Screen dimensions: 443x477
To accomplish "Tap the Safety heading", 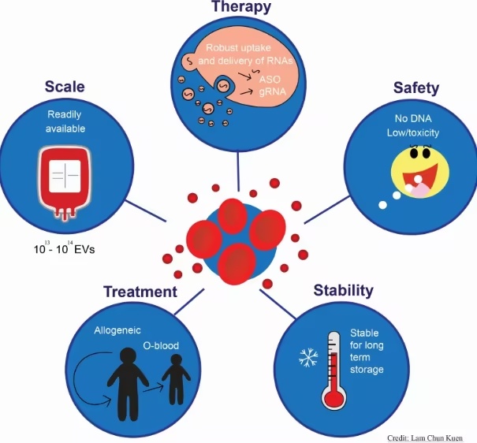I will pos(415,87).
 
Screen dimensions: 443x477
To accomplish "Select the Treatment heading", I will pos(140,292).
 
